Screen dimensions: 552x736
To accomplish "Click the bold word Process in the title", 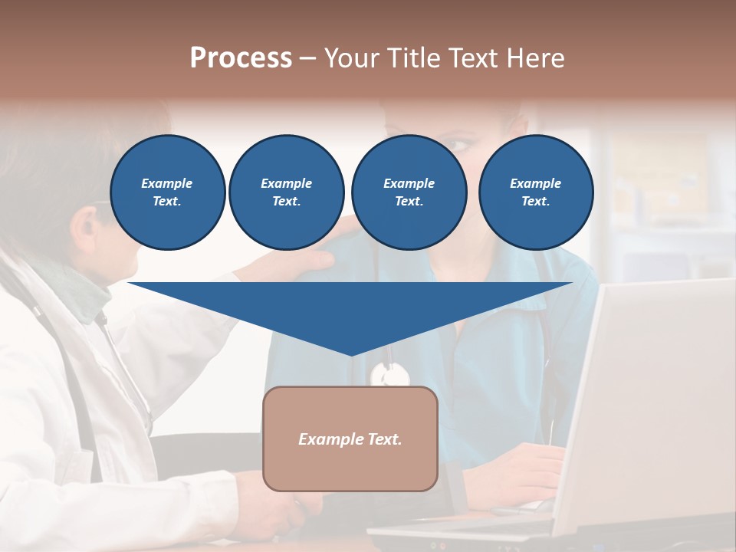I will [241, 58].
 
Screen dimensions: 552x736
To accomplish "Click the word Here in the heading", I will [534, 58].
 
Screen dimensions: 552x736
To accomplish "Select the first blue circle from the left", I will [167, 192].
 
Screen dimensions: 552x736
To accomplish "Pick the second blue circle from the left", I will [286, 192].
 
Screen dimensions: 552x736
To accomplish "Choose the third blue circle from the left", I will [409, 192].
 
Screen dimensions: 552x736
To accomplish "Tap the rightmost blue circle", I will [535, 192].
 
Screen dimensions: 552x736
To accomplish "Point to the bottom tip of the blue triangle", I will [351, 353].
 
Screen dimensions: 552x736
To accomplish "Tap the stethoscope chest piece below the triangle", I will [389, 375].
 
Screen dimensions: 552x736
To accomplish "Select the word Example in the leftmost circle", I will [167, 183].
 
